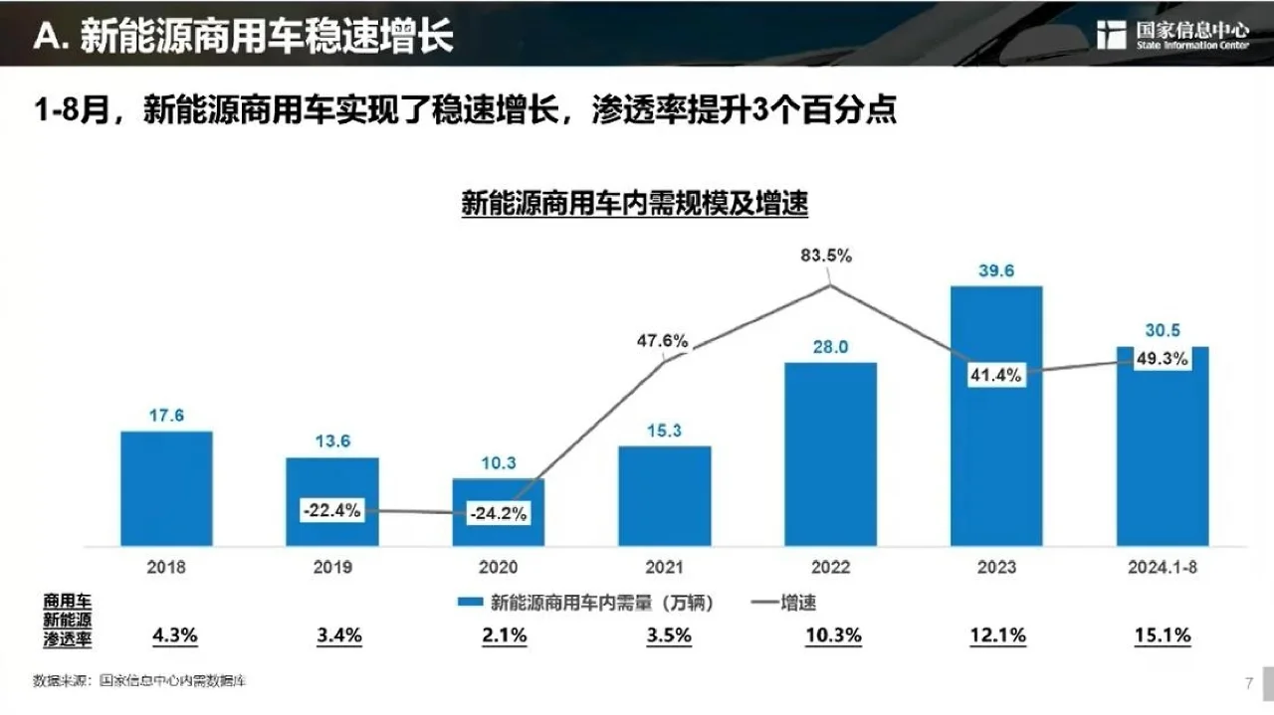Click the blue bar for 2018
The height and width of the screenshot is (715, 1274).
(x=166, y=488)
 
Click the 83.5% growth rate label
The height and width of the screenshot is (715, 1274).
(x=826, y=256)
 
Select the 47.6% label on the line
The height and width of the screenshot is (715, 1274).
(x=662, y=341)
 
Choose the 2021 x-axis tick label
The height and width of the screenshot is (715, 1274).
(x=664, y=567)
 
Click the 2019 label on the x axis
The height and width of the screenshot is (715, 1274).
(x=332, y=567)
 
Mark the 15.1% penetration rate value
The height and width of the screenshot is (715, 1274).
(x=1163, y=635)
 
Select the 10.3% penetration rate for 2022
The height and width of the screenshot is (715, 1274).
(x=830, y=635)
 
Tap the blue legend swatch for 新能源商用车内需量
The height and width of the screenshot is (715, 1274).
(x=470, y=603)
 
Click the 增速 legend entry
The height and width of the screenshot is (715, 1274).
(x=782, y=603)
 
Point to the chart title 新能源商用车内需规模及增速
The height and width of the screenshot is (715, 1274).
(x=634, y=205)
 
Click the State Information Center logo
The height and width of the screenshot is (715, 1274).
(x=1171, y=34)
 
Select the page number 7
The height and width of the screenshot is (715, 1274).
(x=1248, y=683)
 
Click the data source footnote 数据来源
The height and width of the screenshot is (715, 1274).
(x=138, y=682)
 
